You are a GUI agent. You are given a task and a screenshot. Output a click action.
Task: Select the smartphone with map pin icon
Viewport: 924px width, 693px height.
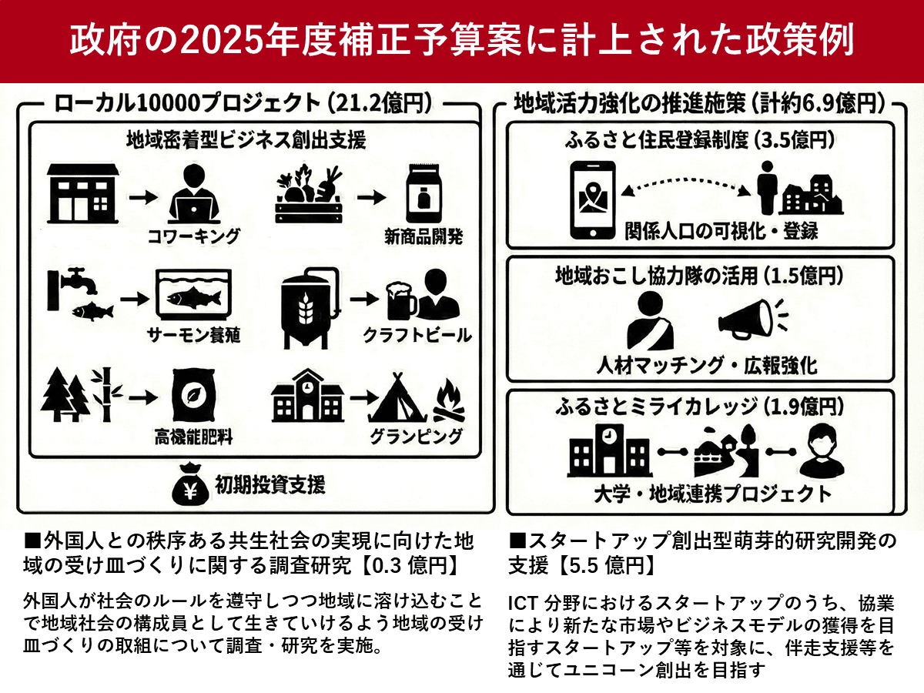tap(591, 199)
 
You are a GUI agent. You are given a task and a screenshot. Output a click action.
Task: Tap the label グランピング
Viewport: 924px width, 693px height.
tap(417, 437)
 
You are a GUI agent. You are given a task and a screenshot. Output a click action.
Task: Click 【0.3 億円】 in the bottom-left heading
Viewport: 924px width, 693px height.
tap(413, 566)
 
